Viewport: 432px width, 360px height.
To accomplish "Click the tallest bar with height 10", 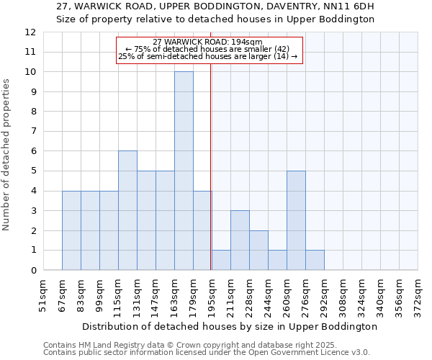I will [184, 171].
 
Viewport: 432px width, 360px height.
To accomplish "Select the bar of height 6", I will [127, 210].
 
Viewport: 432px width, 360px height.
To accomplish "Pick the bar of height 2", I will [258, 250].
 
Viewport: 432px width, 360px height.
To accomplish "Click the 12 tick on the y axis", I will [30, 32].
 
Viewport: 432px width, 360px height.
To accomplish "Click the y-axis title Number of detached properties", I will [7, 156].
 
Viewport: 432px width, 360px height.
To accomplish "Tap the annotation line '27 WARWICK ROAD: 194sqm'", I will [208, 42].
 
